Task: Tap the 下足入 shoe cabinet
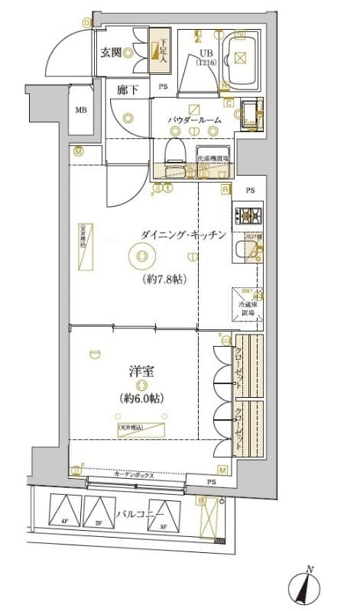coord(158,50)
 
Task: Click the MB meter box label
coord(80,109)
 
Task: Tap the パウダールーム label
coord(196,121)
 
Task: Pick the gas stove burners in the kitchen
coord(248,215)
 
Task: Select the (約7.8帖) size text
coord(165,280)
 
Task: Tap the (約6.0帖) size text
coord(143,399)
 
